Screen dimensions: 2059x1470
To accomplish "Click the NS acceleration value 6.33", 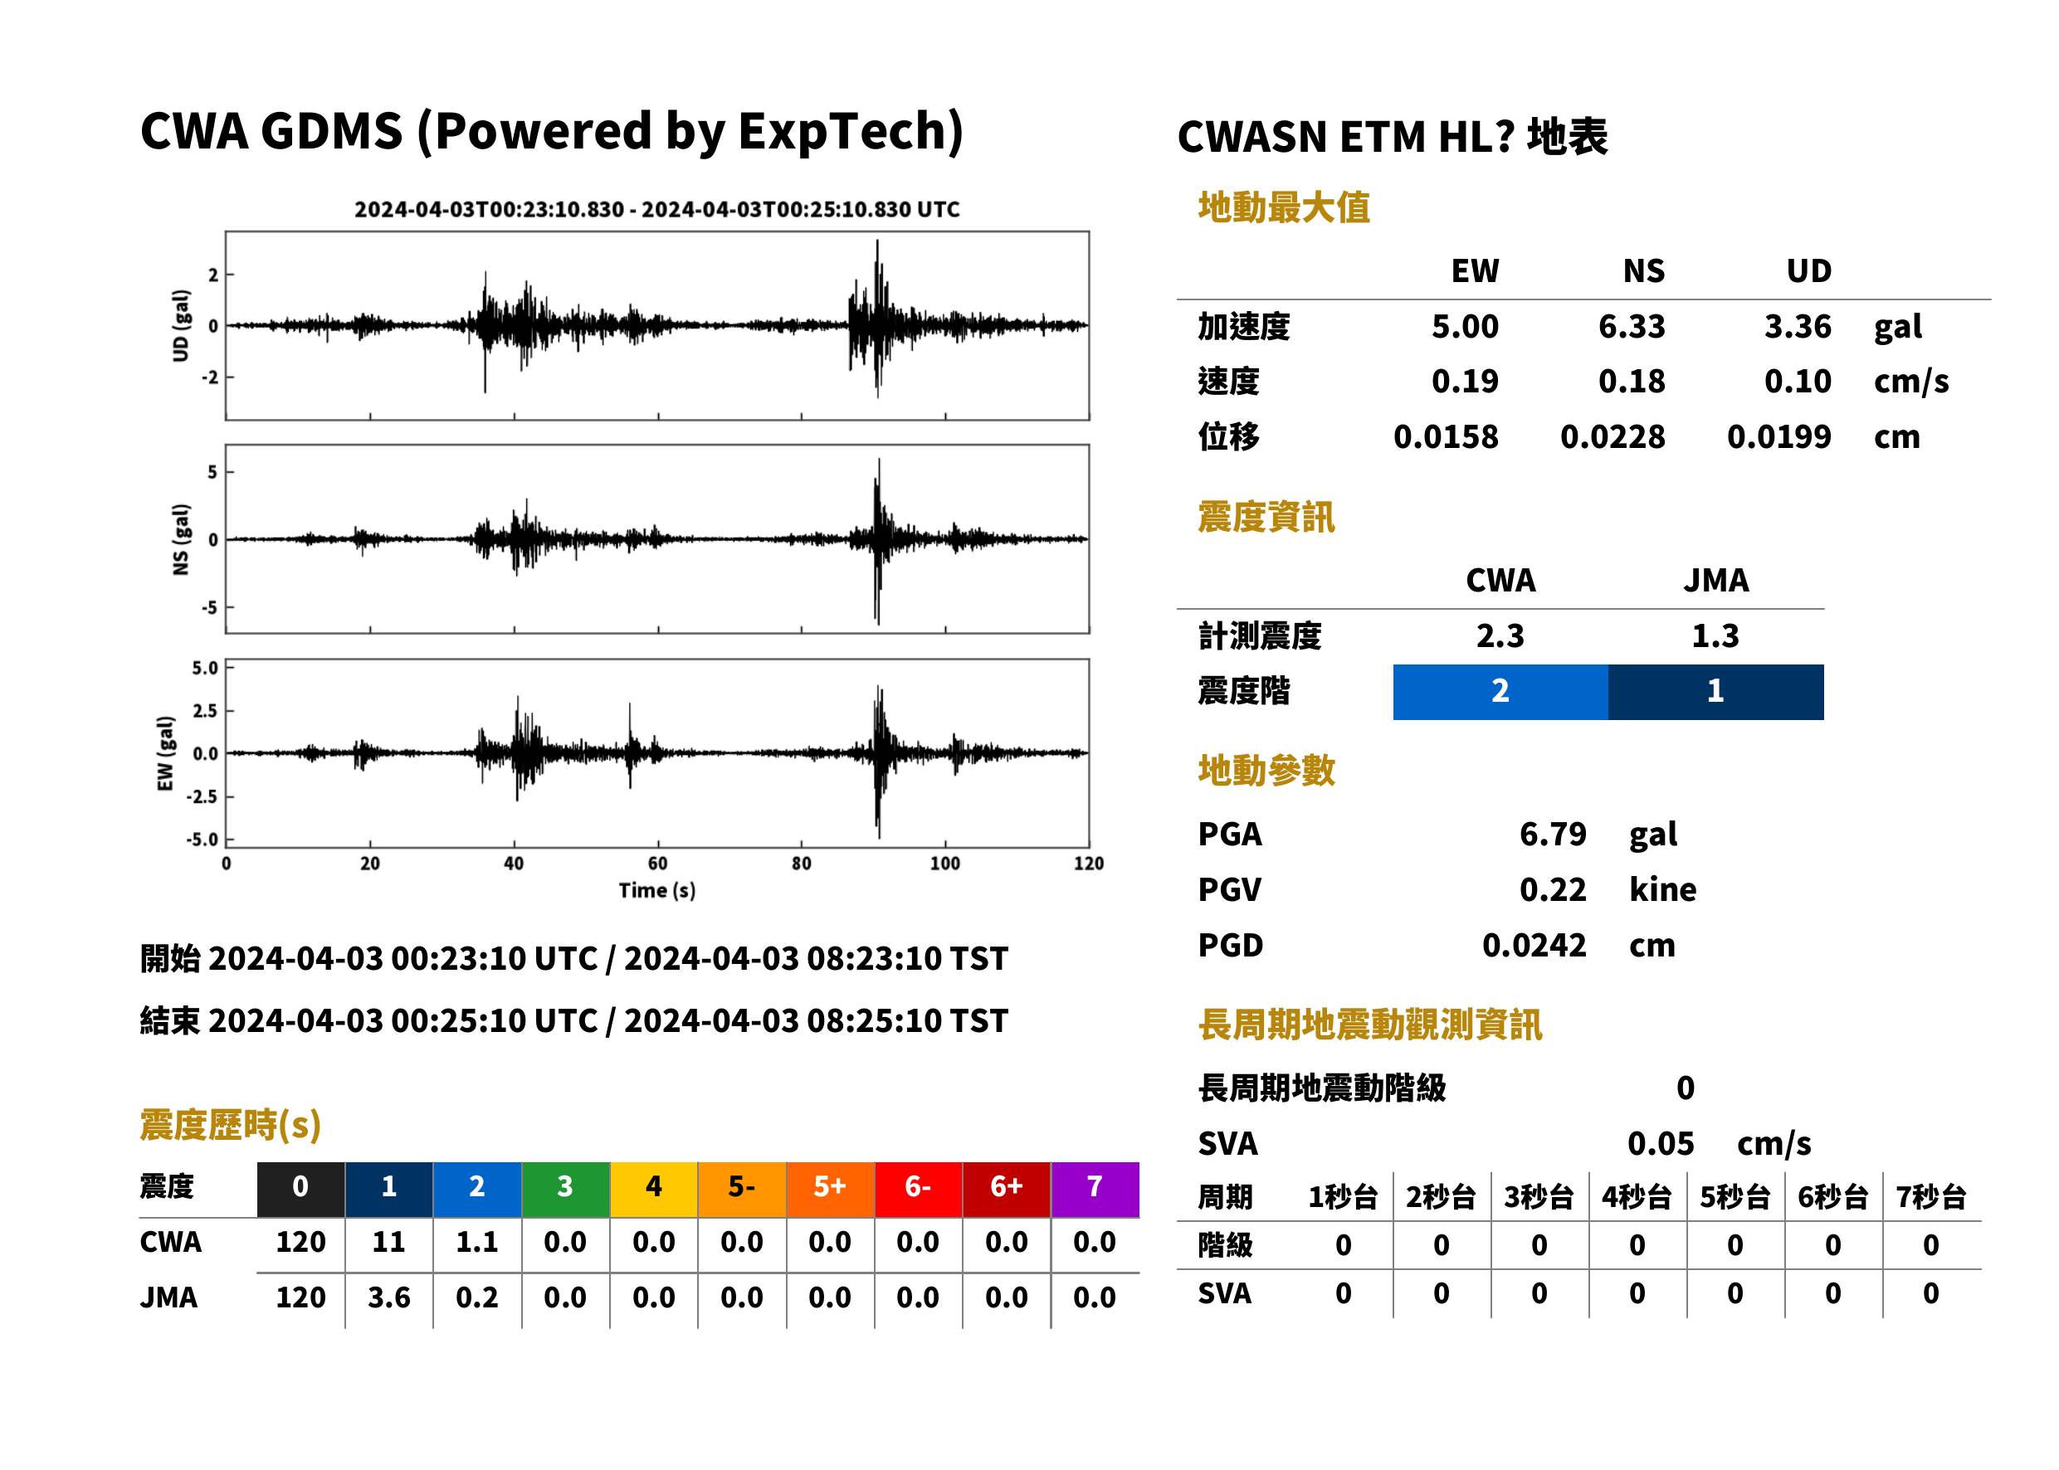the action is coord(1631,327).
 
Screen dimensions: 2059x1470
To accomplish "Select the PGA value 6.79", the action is coord(1552,834).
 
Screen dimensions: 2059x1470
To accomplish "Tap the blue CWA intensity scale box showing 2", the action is coord(1500,692).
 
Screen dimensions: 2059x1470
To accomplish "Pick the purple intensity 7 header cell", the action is coord(1094,1188).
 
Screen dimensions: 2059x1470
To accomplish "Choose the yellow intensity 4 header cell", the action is coord(654,1188).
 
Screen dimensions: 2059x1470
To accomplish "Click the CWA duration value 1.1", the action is coord(477,1242).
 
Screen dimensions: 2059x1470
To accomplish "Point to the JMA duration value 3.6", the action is coord(388,1298).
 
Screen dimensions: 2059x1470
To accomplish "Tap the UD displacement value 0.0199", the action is coord(1778,437).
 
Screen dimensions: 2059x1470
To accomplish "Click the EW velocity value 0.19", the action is coord(1464,382).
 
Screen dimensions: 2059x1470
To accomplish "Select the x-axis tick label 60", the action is coord(657,864).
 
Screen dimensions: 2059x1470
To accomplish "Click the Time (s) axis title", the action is coord(657,891).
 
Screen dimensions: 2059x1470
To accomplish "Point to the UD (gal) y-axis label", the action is coord(181,326).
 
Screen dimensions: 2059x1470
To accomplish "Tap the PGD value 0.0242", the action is coord(1534,946).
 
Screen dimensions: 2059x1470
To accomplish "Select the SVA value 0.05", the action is coord(1660,1144).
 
